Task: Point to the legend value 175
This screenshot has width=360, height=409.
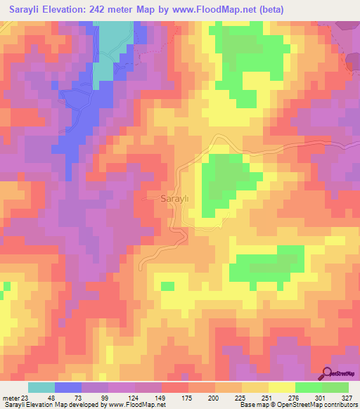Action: tap(188, 397)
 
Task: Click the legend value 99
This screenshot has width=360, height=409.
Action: tap(108, 397)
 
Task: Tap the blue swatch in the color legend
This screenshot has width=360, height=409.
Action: tap(68, 387)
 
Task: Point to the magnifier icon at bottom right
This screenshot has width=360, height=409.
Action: tap(328, 375)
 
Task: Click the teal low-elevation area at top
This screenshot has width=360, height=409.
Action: tap(112, 42)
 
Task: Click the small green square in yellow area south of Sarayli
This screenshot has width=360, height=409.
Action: tap(167, 286)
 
